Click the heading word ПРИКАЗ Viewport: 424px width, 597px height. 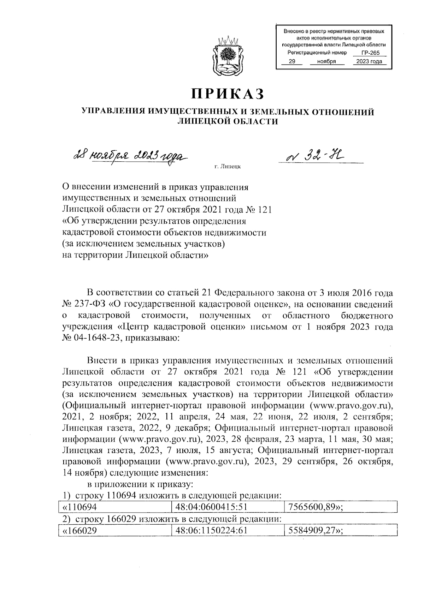point(228,94)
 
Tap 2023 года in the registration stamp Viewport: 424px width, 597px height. point(369,62)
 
